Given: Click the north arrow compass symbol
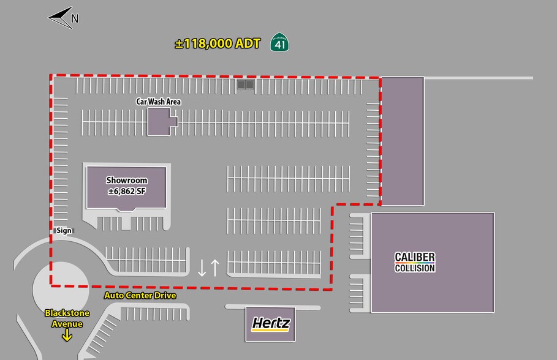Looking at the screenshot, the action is click(x=59, y=18).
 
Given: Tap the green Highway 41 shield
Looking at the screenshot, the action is click(x=280, y=42).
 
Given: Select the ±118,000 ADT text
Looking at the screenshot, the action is click(x=218, y=43).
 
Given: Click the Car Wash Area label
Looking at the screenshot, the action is click(x=159, y=101).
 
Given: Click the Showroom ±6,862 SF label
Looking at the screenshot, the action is click(x=127, y=186).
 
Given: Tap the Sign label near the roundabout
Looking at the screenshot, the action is click(x=64, y=231).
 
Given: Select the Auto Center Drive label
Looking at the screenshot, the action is click(x=140, y=296).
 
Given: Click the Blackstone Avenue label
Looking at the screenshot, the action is click(x=67, y=318).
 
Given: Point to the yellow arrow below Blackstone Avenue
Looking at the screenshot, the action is click(x=67, y=335).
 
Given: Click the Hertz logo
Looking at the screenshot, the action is click(x=271, y=324).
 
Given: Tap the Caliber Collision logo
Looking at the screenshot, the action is click(x=415, y=262).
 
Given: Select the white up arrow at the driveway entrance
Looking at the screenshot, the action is click(x=214, y=268).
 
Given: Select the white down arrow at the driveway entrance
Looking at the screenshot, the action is click(x=202, y=268).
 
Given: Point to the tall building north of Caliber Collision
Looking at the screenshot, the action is click(x=402, y=141).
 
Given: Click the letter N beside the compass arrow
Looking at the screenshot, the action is click(x=75, y=18).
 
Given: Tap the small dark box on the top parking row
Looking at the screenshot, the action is click(x=245, y=84).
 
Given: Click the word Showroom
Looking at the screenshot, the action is click(x=127, y=181).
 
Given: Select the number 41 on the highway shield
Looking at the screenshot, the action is click(x=280, y=44).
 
